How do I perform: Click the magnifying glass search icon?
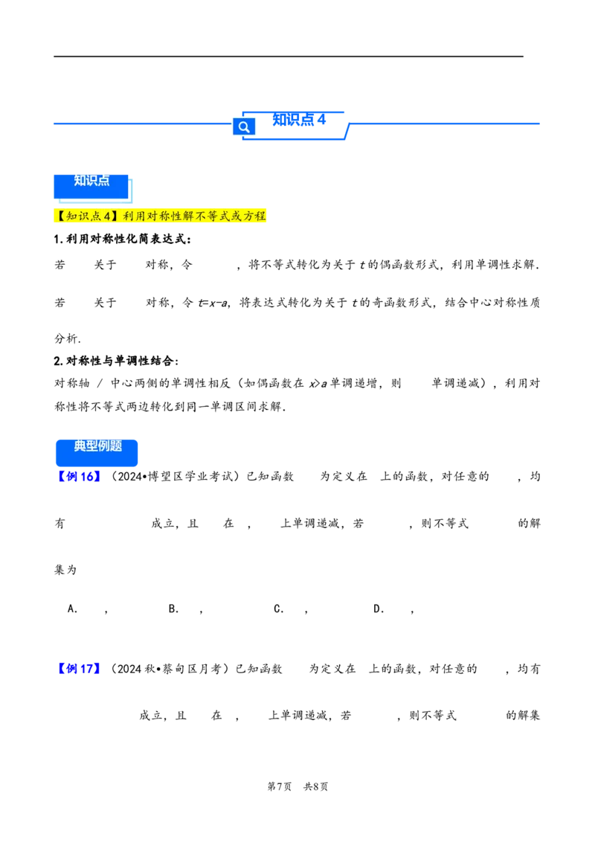tap(244, 126)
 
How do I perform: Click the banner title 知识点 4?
tap(299, 119)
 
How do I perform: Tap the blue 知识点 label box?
tap(91, 186)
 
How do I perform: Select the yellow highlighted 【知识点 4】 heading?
tap(160, 216)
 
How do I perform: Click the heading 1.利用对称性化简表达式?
tap(123, 239)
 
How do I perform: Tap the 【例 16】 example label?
tap(79, 476)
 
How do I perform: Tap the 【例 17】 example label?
tap(79, 669)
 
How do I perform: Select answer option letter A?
tap(72, 608)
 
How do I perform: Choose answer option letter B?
tap(173, 608)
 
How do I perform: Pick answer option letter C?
tap(278, 608)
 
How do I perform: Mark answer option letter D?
tap(379, 608)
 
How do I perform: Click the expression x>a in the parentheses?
tap(318, 383)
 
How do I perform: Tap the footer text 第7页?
tap(279, 786)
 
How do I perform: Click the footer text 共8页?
tap(316, 786)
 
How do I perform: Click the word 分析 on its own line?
tap(65, 338)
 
